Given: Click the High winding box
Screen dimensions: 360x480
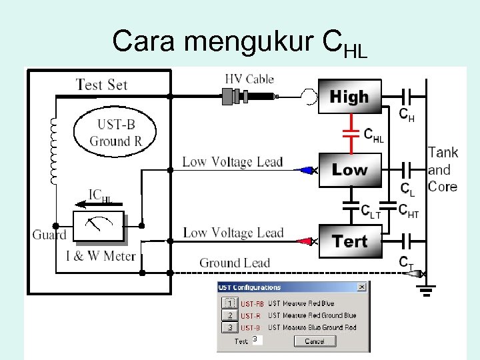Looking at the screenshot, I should pyautogui.click(x=349, y=97).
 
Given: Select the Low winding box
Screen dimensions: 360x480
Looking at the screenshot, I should pyautogui.click(x=349, y=169).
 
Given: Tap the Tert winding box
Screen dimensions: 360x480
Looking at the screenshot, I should pyautogui.click(x=349, y=241).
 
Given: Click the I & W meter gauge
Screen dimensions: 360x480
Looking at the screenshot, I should pyautogui.click(x=99, y=227).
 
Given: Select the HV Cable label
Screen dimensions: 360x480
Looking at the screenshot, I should pyautogui.click(x=250, y=79).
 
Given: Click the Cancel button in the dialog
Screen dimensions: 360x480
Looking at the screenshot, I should pyautogui.click(x=314, y=341).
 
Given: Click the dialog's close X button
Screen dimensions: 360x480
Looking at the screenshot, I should pyautogui.click(x=361, y=287).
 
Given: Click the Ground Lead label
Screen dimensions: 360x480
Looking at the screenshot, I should pyautogui.click(x=235, y=263).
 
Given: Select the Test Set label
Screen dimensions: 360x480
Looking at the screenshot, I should pyautogui.click(x=101, y=85).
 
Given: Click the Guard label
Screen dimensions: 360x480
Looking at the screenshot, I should pyautogui.click(x=49, y=235).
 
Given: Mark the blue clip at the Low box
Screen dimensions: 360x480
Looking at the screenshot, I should pyautogui.click(x=308, y=170).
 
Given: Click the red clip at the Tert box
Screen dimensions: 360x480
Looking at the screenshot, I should pyautogui.click(x=308, y=241).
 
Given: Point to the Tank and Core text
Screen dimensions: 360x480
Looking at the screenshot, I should pyautogui.click(x=443, y=169).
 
